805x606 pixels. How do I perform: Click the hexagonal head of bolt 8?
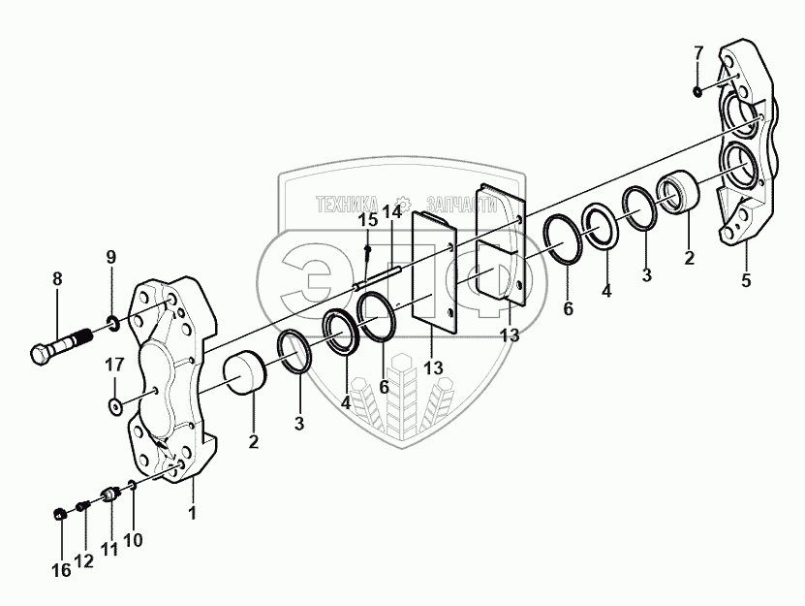coord(41,354)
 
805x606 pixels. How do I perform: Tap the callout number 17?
coord(114,365)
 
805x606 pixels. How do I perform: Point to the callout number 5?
coord(746,280)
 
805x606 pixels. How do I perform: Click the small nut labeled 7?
coord(697,91)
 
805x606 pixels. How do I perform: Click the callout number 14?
coord(393,211)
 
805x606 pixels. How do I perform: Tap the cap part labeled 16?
coord(60,513)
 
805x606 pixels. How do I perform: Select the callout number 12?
coord(84,561)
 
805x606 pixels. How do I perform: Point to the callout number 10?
coord(133,540)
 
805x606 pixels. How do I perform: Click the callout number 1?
coord(193,513)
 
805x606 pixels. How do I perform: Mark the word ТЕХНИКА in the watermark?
coord(347,205)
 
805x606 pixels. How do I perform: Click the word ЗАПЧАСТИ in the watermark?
coord(461,205)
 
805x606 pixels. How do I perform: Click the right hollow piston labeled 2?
coord(678,191)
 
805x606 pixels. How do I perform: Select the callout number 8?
coord(57,279)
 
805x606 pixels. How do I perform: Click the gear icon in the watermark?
coord(404,203)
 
